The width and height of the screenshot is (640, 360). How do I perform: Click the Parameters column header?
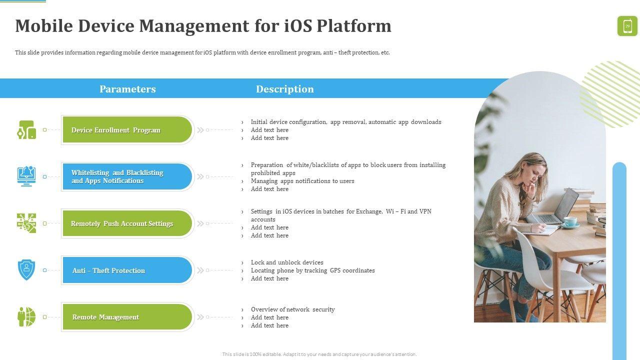click(127, 89)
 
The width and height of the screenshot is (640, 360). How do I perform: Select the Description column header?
click(284, 89)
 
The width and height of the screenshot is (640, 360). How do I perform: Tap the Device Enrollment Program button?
click(127, 129)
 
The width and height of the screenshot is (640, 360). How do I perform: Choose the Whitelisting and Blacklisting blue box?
click(127, 176)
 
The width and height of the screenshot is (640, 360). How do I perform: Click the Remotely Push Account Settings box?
click(127, 223)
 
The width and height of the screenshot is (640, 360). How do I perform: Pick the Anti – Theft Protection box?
click(127, 270)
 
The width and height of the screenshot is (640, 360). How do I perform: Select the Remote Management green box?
click(127, 317)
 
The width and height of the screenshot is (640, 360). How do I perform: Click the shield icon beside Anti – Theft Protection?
click(26, 270)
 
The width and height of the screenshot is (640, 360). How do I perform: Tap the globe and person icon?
click(26, 316)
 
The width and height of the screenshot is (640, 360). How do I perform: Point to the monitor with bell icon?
click(26, 176)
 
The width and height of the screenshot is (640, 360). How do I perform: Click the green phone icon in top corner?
click(627, 26)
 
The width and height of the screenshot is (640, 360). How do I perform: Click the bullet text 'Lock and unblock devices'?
click(287, 262)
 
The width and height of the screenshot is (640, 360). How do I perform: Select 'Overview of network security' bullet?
click(293, 309)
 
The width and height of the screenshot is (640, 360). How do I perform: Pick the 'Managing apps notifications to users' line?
click(302, 181)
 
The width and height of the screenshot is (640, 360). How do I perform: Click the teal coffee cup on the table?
click(570, 221)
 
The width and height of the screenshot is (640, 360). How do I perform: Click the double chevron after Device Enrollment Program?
click(200, 130)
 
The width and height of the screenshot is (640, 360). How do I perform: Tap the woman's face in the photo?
click(532, 174)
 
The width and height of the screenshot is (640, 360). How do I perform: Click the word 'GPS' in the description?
click(335, 270)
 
